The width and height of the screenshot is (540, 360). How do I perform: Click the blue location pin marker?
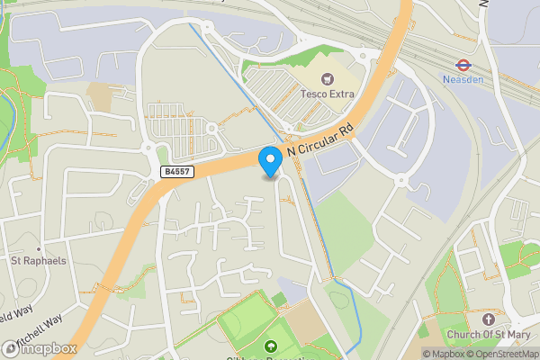(x=270, y=161)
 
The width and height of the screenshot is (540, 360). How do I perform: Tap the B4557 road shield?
(x=176, y=171)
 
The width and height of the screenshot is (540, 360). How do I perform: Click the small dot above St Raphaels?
(x=39, y=249)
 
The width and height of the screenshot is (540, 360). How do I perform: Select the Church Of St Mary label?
(x=488, y=336)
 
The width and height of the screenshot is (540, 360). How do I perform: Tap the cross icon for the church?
(x=489, y=319)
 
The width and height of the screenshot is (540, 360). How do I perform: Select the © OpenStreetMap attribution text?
(x=502, y=354)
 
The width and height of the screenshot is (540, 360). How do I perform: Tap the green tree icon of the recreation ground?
(x=270, y=346)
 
